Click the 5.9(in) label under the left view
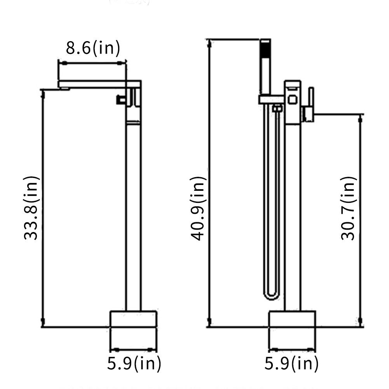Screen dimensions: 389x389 [134, 364]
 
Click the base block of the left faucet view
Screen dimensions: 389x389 [133, 319]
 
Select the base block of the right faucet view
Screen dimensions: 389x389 [292, 319]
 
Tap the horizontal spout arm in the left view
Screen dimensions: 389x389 [93, 84]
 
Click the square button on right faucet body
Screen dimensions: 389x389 [292, 100]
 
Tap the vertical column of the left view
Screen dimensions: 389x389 [133, 214]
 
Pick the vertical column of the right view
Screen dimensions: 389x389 [292, 214]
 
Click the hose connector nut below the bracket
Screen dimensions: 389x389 [277, 109]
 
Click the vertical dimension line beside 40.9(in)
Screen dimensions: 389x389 [210, 183]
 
